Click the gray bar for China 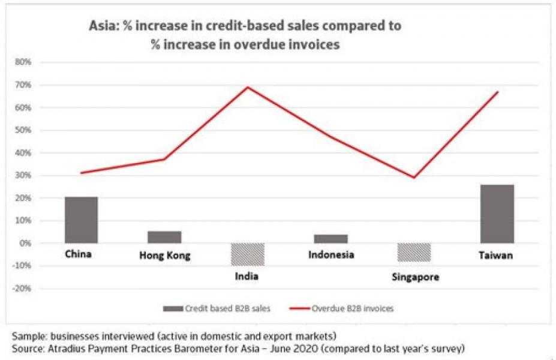coord(81,220)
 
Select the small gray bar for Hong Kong coord(164,237)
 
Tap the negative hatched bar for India coord(248,254)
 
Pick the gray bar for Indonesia coord(331,239)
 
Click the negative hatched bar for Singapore coord(414,252)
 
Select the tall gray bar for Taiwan coord(497,214)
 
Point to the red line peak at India coord(248,88)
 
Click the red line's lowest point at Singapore coord(414,177)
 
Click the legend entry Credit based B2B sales coord(222,308)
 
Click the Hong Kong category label coord(164,256)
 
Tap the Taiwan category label coord(495,256)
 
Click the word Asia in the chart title coord(102,27)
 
